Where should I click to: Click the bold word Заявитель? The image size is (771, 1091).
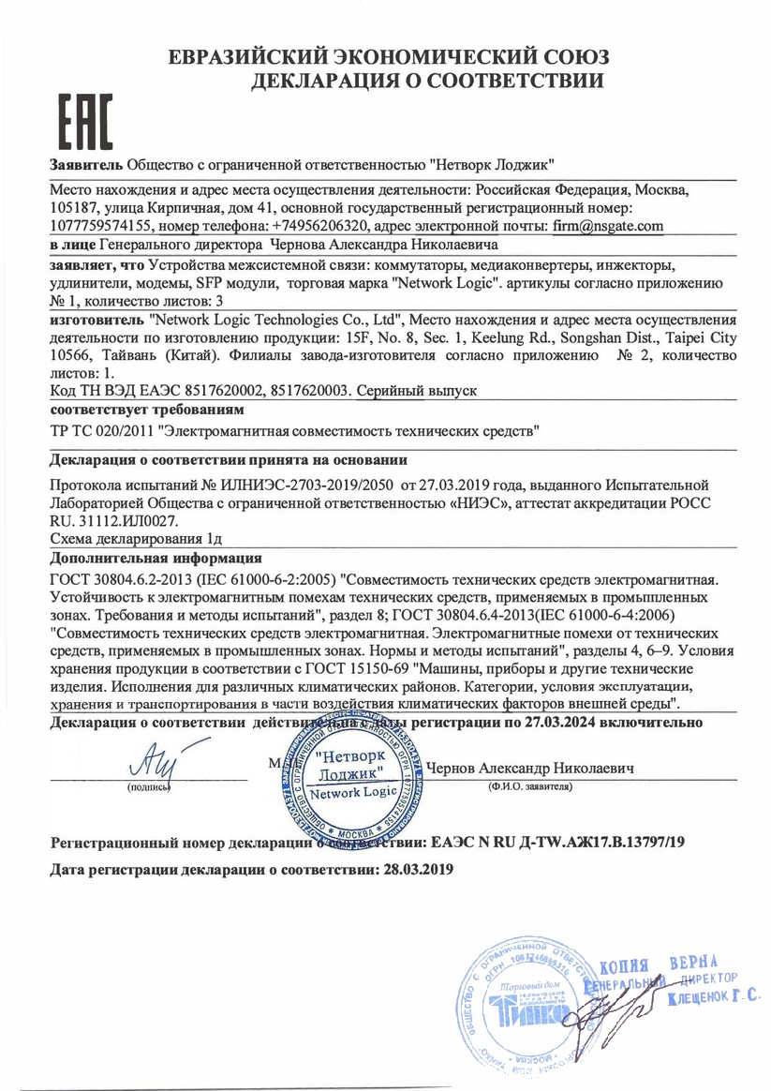tap(85, 165)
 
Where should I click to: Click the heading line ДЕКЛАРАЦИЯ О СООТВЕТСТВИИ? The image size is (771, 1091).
tap(427, 82)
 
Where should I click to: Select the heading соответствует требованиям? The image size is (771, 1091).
tap(132, 410)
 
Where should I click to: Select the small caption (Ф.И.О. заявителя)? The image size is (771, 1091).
tap(529, 785)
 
